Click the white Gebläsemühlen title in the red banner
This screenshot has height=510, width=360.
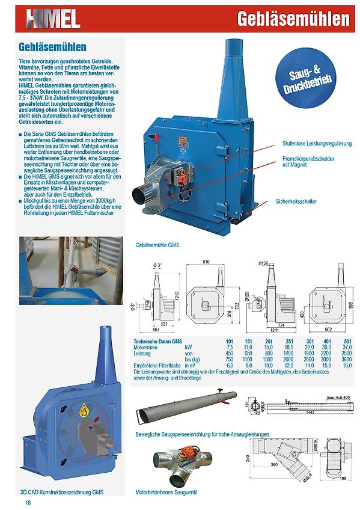tap(293, 19)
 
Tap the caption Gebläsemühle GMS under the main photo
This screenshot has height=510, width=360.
tap(158, 245)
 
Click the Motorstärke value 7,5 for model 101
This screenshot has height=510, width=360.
tap(230, 348)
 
